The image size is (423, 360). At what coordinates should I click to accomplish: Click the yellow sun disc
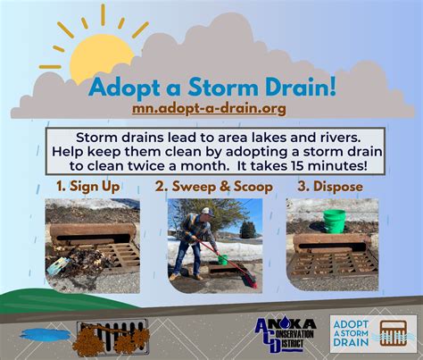pyautogui.click(x=100, y=58)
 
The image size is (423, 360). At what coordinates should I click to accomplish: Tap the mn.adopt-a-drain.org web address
pyautogui.click(x=209, y=108)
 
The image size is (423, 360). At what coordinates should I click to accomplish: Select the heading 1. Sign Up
pyautogui.click(x=88, y=187)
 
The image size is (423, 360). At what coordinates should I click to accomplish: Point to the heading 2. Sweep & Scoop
pyautogui.click(x=214, y=187)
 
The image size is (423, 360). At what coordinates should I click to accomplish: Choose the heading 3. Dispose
pyautogui.click(x=330, y=187)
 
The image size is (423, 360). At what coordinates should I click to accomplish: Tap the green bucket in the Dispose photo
pyautogui.click(x=334, y=222)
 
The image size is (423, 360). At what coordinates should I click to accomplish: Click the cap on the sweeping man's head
pyautogui.click(x=208, y=211)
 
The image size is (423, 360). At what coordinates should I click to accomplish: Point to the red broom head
pyautogui.click(x=251, y=280)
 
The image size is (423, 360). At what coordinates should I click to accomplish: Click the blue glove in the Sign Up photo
pyautogui.click(x=59, y=265)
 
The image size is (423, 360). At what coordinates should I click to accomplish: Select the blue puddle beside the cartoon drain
pyautogui.click(x=46, y=334)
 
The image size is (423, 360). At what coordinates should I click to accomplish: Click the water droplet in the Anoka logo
pyautogui.click(x=278, y=321)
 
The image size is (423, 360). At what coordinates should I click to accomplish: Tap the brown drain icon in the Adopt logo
pyautogui.click(x=394, y=333)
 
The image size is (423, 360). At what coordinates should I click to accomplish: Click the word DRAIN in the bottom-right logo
pyautogui.click(x=351, y=342)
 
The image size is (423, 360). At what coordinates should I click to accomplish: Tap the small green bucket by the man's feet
pyautogui.click(x=222, y=260)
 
